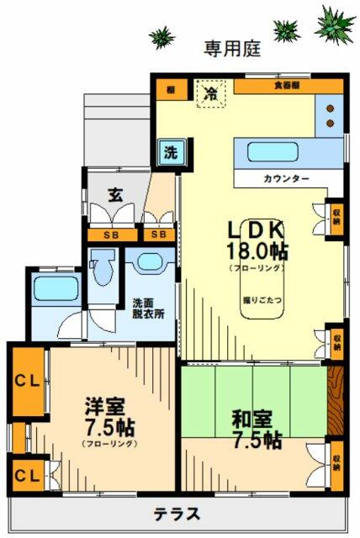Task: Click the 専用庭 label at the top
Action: click(x=231, y=48)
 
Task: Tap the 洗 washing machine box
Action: click(x=170, y=153)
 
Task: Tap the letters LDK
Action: click(x=257, y=228)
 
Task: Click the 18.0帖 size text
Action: click(x=257, y=250)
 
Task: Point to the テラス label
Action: click(x=177, y=513)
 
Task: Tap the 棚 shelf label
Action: click(x=170, y=88)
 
